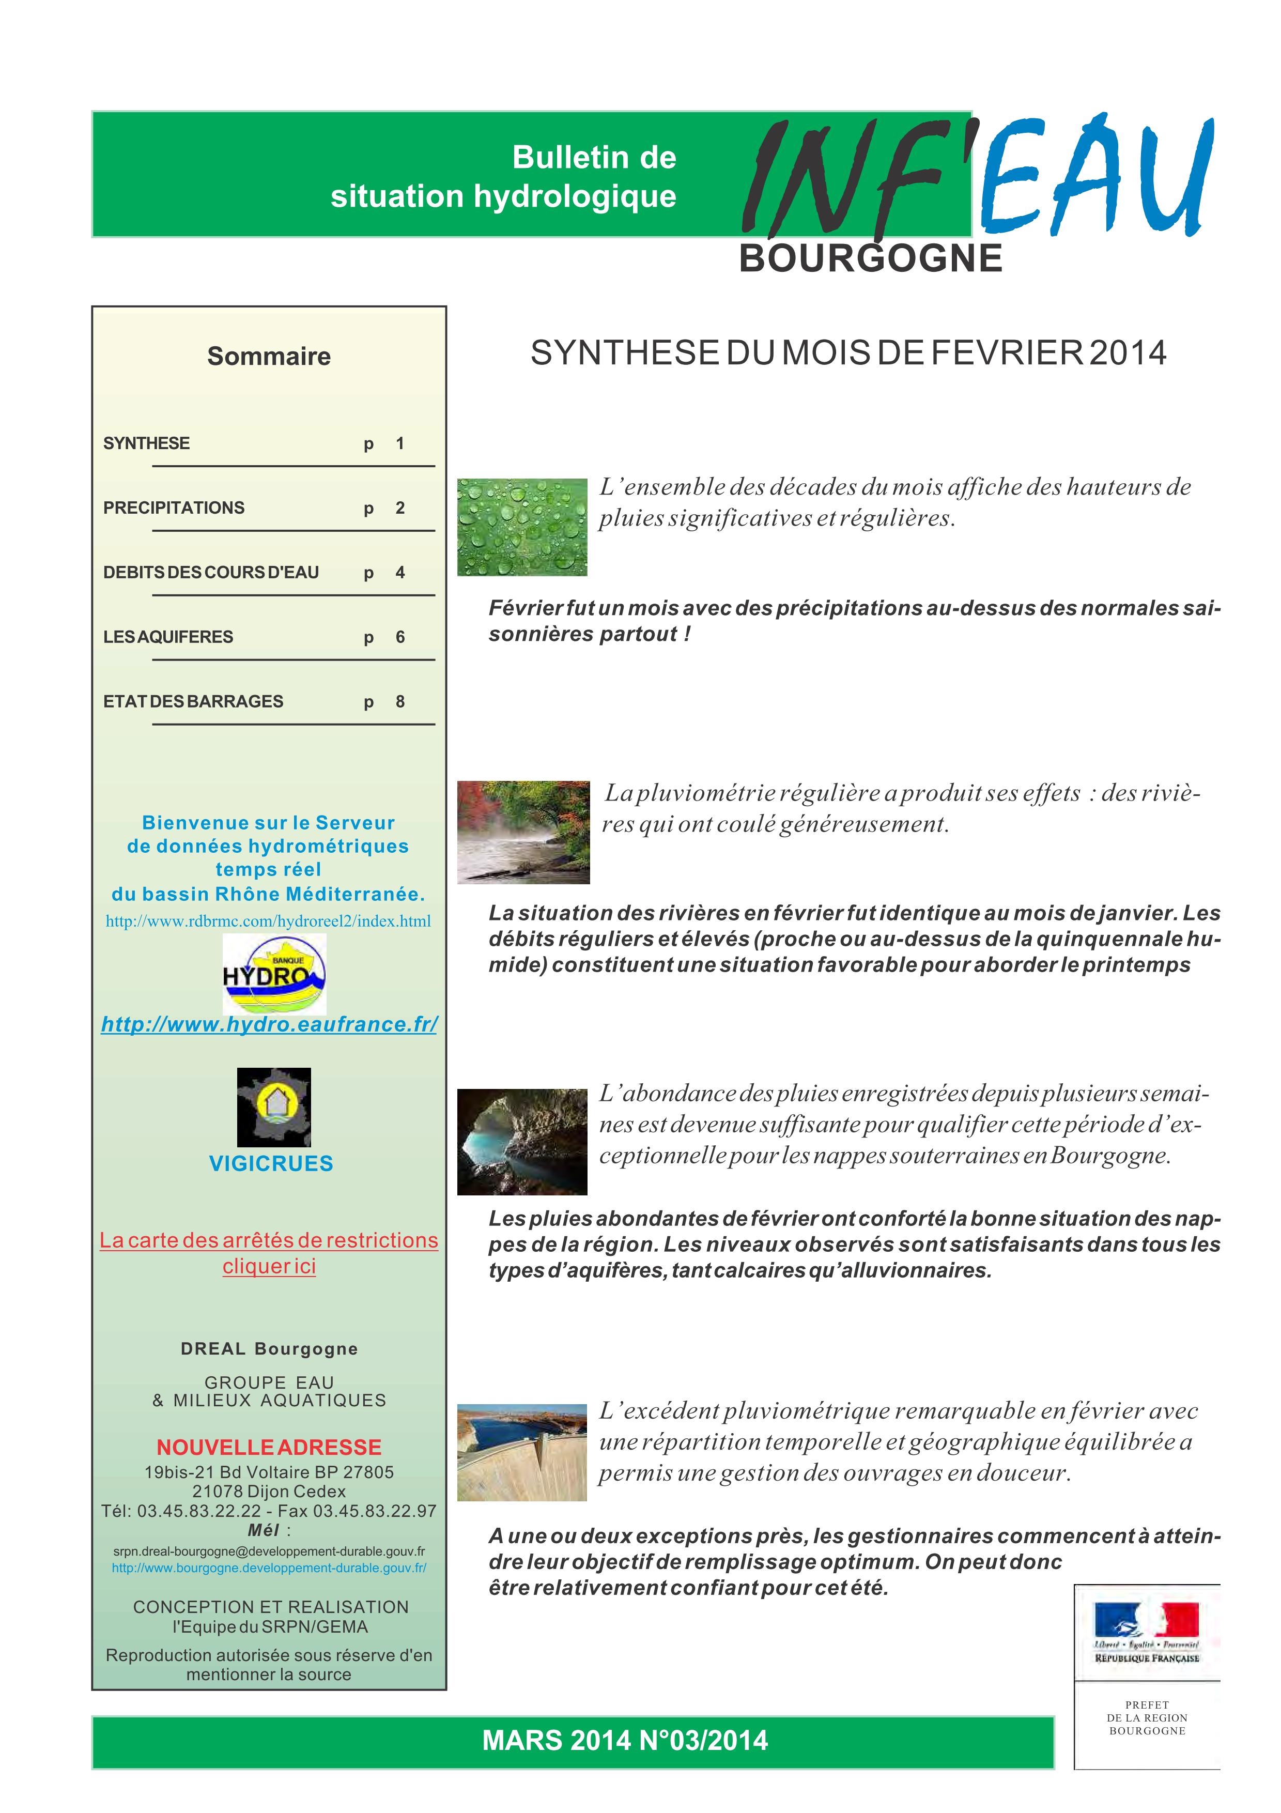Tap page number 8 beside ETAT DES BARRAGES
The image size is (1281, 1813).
[400, 701]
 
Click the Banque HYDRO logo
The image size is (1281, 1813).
[274, 974]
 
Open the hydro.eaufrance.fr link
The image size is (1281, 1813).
[269, 1024]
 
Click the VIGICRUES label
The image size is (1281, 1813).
[271, 1163]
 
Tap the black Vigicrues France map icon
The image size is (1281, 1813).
[274, 1107]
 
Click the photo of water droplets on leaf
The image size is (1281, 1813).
[522, 527]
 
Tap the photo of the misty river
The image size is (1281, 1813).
[523, 832]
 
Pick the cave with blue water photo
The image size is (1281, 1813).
[522, 1142]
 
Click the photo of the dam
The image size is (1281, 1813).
[522, 1453]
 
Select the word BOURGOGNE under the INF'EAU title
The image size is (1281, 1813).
[871, 259]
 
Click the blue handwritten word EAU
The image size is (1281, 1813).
[1097, 178]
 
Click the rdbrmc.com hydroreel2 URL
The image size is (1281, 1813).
[268, 921]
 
